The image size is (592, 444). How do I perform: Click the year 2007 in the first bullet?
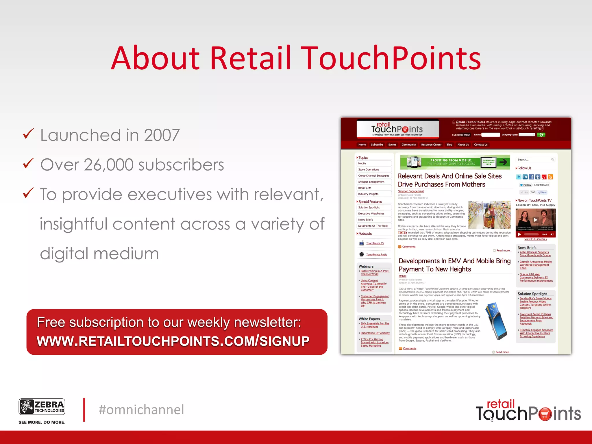pos(162,135)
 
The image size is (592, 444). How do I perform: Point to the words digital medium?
pos(99,254)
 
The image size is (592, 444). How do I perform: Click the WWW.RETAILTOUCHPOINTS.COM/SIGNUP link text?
pos(173,341)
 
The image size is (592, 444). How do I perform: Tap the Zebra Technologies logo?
pos(42,407)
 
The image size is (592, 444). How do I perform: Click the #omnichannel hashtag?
pos(141,410)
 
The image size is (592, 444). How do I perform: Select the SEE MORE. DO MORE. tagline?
pos(42,422)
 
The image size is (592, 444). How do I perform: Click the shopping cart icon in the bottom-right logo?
pos(545,414)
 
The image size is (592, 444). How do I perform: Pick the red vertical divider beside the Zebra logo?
pos(84,410)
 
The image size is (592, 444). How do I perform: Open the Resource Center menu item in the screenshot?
pos(431,145)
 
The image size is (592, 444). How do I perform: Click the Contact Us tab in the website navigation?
pos(480,145)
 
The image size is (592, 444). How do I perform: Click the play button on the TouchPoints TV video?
pos(535,220)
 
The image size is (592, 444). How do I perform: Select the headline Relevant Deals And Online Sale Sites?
pos(449,176)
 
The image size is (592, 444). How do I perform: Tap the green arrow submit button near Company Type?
pos(541,135)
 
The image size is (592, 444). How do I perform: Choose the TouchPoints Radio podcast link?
pos(376,255)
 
